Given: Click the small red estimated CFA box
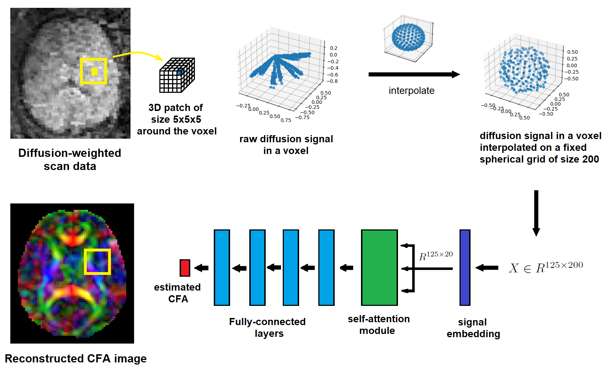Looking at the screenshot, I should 185,268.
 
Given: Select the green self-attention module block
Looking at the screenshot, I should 379,267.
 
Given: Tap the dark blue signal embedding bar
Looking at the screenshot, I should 465,267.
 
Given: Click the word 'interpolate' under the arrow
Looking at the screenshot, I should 411,91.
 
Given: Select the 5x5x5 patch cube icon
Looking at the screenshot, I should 177,75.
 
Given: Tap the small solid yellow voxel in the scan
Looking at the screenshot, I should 94,71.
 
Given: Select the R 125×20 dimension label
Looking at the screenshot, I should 436,255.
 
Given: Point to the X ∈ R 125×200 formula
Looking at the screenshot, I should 546,267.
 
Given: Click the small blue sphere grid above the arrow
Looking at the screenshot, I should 408,37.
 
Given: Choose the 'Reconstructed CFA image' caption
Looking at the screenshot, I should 76,359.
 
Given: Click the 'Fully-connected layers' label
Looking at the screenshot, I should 267,327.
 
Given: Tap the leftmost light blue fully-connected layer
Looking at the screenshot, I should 222,267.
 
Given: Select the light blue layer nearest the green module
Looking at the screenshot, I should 326,267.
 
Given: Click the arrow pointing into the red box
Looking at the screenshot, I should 201,268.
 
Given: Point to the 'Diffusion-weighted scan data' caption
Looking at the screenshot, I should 70,159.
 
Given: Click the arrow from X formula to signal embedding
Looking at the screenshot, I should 487,267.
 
